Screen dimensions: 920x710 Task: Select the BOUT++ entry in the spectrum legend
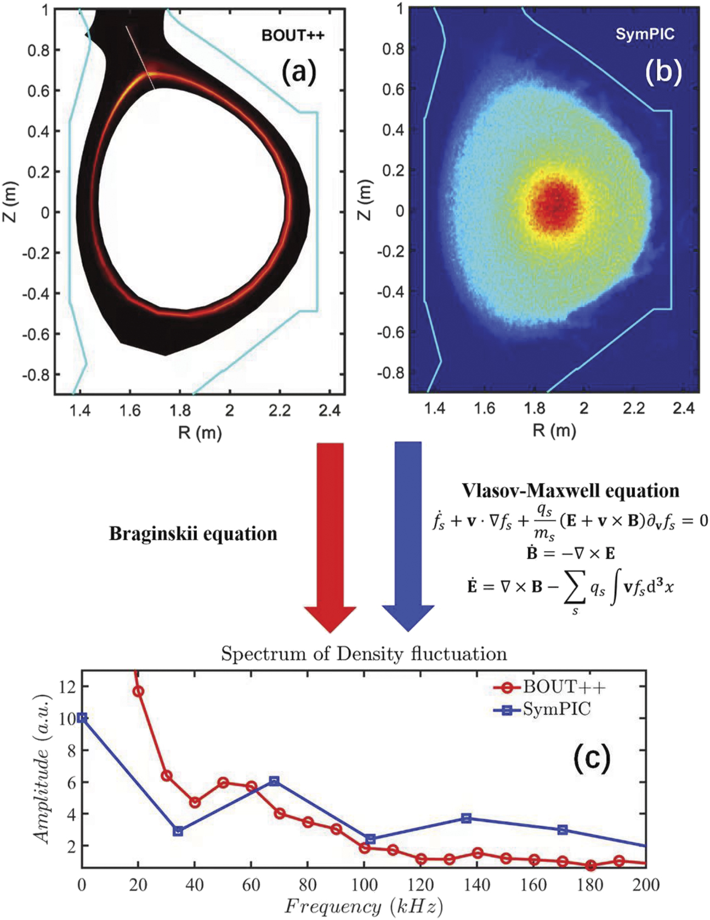[x=564, y=687]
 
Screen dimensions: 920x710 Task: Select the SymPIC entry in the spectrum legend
[x=556, y=710]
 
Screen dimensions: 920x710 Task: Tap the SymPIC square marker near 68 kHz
[x=275, y=781]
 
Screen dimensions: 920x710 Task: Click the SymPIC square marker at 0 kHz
[x=82, y=718]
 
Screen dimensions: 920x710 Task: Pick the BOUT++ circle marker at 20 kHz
[x=139, y=692]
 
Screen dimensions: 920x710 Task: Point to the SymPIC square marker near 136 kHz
[x=467, y=818]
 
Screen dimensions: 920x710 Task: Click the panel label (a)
[x=299, y=71]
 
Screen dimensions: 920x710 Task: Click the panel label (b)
[x=663, y=71]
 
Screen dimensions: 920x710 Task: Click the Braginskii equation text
[x=193, y=534]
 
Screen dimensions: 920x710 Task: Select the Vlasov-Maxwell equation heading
[x=570, y=490]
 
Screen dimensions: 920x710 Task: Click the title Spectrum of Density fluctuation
[x=363, y=654]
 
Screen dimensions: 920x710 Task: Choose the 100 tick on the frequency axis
[x=364, y=884]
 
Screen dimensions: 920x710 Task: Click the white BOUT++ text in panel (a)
[x=293, y=36]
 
